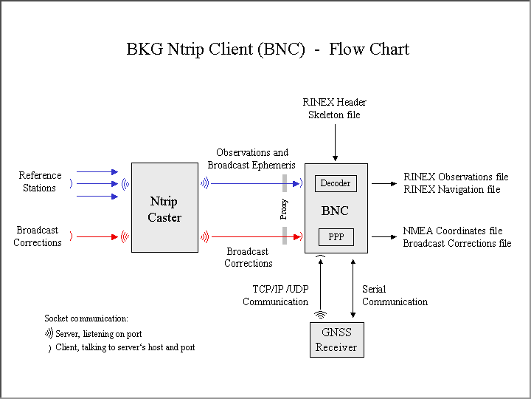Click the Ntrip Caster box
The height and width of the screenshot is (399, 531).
click(x=164, y=208)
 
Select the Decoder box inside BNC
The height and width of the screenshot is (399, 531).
click(x=336, y=183)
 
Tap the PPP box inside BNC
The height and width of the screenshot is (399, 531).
click(x=336, y=237)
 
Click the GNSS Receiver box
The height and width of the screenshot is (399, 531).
click(x=336, y=341)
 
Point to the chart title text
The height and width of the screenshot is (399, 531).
click(x=268, y=50)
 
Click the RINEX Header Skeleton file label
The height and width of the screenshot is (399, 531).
click(x=334, y=108)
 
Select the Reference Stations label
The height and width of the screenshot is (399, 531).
click(x=40, y=182)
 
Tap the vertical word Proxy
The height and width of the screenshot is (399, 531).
click(x=284, y=210)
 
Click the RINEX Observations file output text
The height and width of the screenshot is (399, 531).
click(x=456, y=177)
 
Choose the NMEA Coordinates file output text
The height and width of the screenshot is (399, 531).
click(x=453, y=231)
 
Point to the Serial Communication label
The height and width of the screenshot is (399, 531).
click(x=395, y=296)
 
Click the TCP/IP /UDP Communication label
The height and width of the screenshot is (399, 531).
click(x=275, y=296)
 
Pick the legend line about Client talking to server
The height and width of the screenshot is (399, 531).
click(x=125, y=347)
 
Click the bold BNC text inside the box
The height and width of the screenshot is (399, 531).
click(x=335, y=211)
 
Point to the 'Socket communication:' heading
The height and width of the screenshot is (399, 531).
click(x=86, y=318)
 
